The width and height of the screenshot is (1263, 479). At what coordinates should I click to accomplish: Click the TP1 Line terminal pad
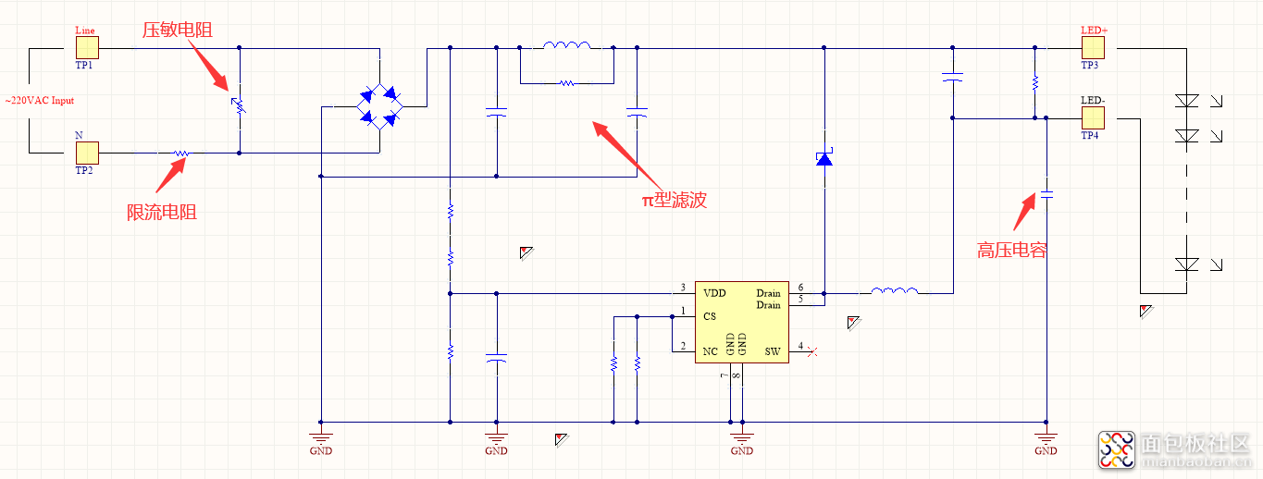coord(87,48)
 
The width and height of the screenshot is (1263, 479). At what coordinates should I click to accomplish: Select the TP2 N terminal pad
coord(87,153)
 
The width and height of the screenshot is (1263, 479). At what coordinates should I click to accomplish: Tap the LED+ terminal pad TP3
coord(1093,48)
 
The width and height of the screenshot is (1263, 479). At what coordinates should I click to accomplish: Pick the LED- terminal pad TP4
coord(1093,117)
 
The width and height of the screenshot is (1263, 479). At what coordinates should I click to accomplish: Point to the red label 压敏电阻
coord(177,31)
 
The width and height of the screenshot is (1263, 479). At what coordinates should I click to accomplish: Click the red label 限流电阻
coord(162,213)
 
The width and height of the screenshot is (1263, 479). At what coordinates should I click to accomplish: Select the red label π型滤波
coord(675,200)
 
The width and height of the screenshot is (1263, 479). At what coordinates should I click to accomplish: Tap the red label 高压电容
coord(1011,250)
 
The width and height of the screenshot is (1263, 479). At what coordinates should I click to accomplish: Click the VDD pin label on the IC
coord(714,293)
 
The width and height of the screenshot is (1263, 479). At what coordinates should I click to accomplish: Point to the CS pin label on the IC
coord(710,316)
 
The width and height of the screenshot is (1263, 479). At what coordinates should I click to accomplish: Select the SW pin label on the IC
coord(772,351)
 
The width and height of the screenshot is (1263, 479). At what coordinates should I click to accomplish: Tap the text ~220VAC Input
coord(40,101)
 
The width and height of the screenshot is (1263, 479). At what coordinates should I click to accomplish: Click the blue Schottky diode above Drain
coord(823,159)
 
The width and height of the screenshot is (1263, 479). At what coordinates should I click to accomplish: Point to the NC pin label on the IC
coord(710,351)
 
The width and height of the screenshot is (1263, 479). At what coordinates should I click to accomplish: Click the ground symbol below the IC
coord(741,435)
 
